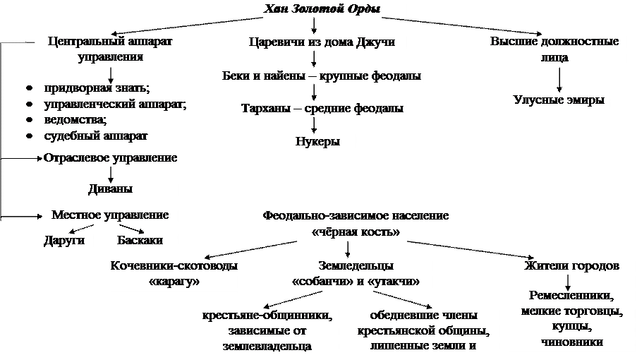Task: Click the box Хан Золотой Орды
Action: tap(322, 10)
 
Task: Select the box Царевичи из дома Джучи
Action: tap(322, 42)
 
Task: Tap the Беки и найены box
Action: tap(322, 76)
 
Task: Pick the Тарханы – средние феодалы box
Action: tap(322, 109)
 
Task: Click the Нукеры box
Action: tap(317, 142)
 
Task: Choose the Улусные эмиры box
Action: tap(559, 100)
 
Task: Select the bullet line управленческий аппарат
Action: tap(114, 104)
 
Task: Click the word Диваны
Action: tap(110, 189)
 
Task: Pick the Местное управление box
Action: tap(110, 215)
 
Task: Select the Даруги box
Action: tap(64, 241)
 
